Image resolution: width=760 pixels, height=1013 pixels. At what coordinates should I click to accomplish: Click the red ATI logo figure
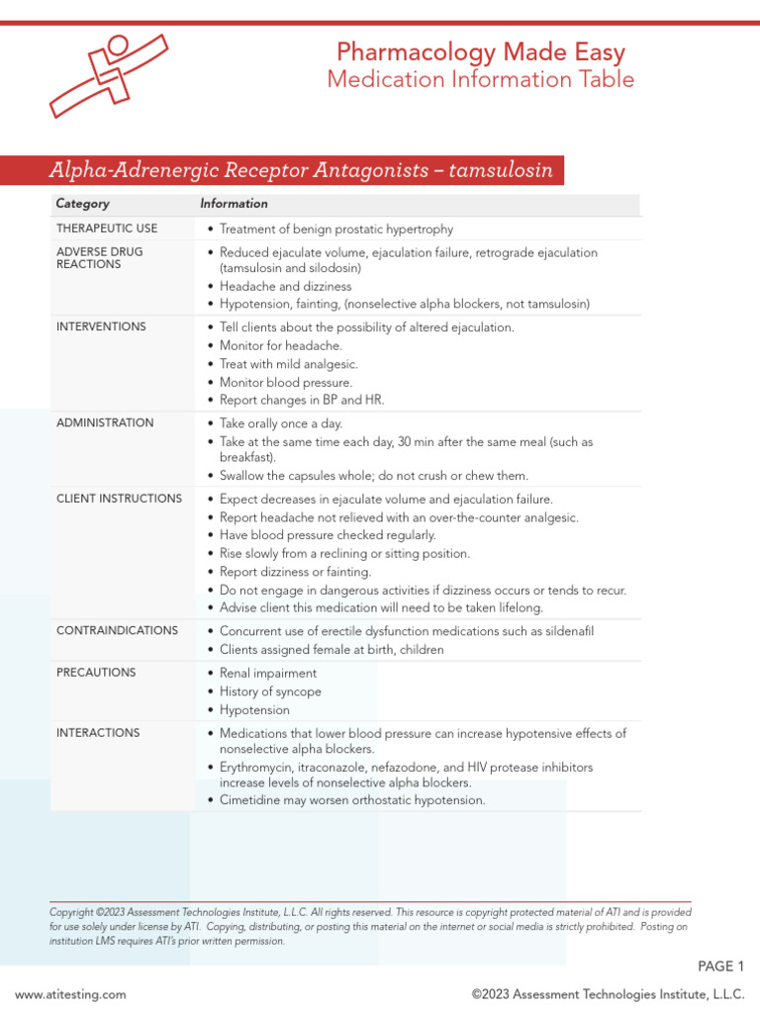108,74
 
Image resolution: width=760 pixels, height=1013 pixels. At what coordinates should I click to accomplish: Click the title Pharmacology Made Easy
480,51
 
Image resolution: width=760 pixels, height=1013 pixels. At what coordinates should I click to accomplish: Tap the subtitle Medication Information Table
480,80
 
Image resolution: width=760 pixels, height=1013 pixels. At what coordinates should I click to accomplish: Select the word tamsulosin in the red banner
500,170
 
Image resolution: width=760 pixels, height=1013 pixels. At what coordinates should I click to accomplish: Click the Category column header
83,204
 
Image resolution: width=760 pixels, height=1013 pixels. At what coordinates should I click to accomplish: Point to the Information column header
234,204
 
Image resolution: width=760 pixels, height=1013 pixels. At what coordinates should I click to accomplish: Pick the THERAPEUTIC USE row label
107,229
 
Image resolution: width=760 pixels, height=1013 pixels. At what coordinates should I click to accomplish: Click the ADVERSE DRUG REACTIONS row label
100,258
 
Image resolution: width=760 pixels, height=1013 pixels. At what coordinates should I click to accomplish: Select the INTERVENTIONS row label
101,326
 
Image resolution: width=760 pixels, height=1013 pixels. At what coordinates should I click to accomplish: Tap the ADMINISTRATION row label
105,423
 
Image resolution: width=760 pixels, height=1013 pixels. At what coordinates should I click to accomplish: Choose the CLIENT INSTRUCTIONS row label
119,499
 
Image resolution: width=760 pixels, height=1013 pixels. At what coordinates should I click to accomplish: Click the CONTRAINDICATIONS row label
117,631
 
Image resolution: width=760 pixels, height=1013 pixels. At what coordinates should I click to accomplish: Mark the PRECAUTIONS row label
96,673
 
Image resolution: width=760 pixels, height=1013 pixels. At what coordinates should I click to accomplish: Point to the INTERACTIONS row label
98,733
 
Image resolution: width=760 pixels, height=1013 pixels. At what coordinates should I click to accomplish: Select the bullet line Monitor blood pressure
286,382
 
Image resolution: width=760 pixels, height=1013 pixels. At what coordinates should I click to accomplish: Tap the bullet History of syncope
270,692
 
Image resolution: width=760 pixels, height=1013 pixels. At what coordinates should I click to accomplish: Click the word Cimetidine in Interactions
252,800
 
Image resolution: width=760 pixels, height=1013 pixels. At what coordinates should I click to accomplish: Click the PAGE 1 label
720,966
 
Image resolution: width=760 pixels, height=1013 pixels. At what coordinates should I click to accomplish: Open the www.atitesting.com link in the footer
70,994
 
